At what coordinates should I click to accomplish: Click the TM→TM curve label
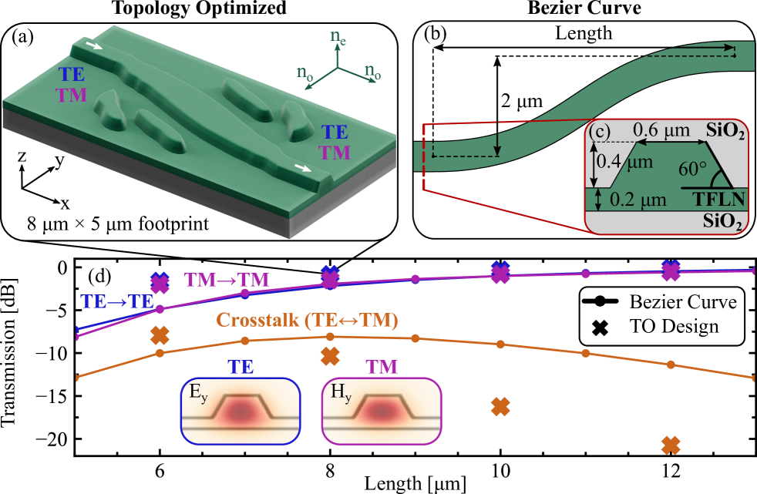(x=227, y=280)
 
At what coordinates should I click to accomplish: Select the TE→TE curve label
(x=117, y=301)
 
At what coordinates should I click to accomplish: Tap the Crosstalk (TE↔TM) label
(x=308, y=320)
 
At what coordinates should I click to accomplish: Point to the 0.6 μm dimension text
(x=661, y=132)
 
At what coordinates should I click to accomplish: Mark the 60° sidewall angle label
(x=693, y=170)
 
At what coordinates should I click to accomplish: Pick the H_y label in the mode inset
(x=339, y=392)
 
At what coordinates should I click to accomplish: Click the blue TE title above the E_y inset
(x=241, y=367)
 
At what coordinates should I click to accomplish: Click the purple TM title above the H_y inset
(x=382, y=367)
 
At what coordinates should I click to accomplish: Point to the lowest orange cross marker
(x=671, y=445)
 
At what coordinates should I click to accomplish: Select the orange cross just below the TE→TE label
(x=160, y=335)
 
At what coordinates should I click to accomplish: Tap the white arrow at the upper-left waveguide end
(x=92, y=47)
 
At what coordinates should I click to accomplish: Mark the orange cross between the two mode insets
(x=330, y=356)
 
